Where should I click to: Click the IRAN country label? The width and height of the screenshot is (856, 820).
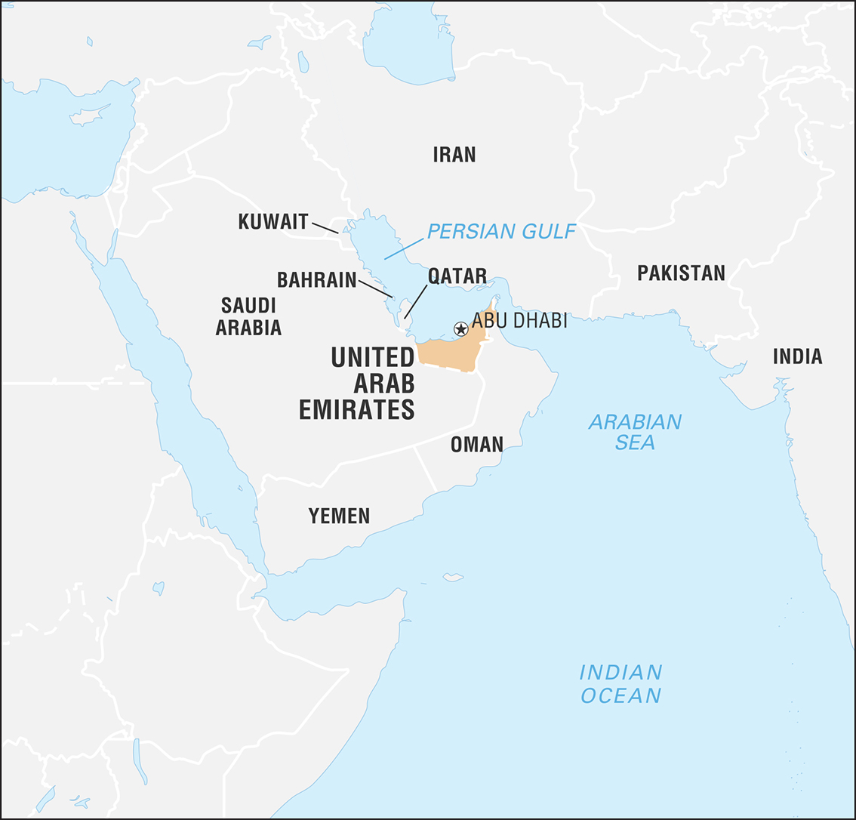pos(454,155)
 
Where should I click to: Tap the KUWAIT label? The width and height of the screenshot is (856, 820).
pos(273,221)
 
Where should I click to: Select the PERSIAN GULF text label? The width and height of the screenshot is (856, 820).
pos(501,231)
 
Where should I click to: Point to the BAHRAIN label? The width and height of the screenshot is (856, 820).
pos(316,280)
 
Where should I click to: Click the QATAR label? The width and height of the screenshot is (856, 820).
pos(457,276)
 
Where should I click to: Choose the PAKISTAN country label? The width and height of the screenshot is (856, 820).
pos(681,273)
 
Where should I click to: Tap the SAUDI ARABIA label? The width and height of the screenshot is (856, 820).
pos(248,316)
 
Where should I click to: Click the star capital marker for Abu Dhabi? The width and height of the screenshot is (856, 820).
pos(460,328)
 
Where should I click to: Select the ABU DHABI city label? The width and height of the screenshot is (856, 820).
pos(519,321)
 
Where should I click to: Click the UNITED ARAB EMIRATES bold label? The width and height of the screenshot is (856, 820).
pos(357,383)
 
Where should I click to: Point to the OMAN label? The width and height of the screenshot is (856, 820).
pos(476,445)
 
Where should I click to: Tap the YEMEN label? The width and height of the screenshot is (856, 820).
pos(339,516)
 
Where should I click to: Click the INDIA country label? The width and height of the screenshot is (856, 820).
pos(797,356)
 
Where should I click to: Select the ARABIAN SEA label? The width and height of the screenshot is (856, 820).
pos(635,432)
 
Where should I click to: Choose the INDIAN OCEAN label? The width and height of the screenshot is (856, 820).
pos(620,683)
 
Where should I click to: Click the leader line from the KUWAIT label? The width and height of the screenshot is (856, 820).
pos(325,227)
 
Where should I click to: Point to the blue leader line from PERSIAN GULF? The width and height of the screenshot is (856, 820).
pos(404,248)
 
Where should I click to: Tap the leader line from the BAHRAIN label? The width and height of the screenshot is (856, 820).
pos(375,288)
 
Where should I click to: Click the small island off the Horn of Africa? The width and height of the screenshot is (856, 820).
pos(453,578)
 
